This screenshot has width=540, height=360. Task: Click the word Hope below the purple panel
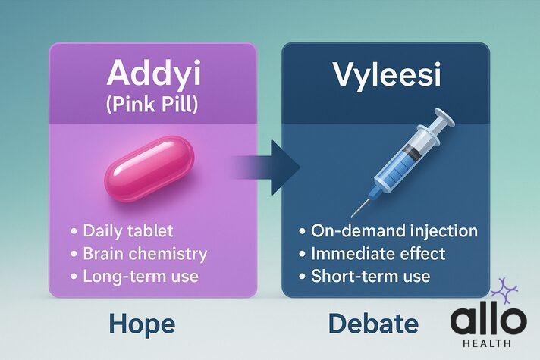tap(142, 324)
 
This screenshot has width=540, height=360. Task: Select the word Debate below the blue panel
tap(374, 324)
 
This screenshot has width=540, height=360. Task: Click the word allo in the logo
tap(488, 321)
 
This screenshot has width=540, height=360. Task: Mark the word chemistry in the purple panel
tap(168, 253)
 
